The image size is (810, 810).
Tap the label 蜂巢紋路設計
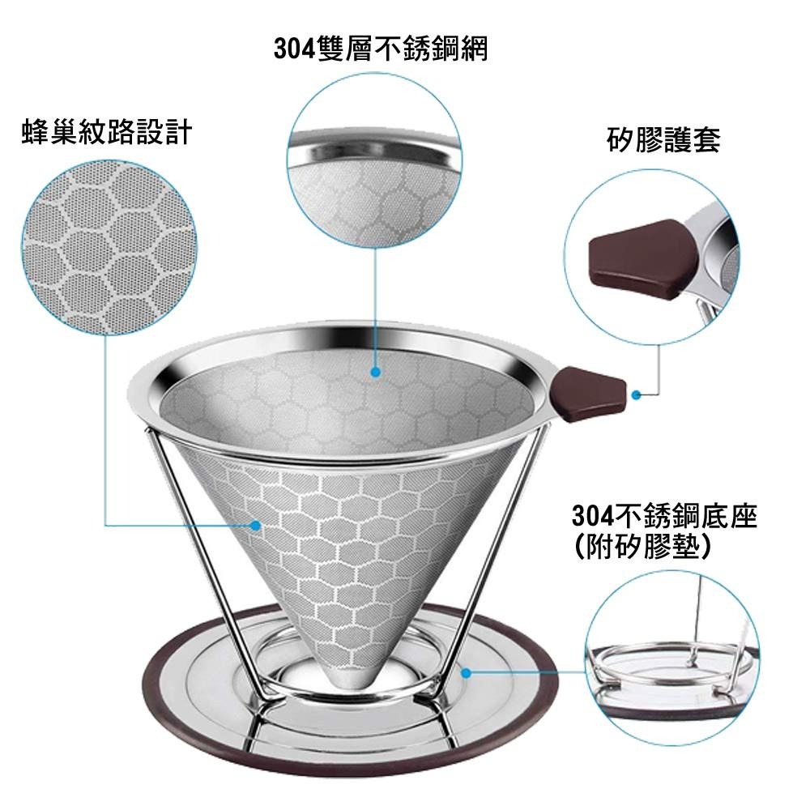107,132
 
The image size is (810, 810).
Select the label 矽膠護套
664,139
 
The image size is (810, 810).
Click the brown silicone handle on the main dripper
588,393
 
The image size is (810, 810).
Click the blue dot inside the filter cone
376,372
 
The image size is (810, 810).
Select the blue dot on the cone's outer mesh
255,526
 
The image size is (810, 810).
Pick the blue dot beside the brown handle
637,394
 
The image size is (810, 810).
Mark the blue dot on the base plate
466,672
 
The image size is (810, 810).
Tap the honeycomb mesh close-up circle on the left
109,247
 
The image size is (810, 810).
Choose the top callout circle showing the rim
374,159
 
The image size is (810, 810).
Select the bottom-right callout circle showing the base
673,658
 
